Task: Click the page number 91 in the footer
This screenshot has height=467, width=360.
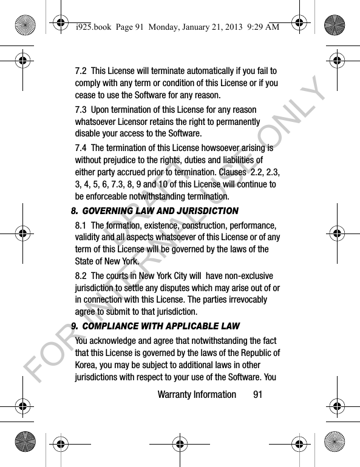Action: click(258, 395)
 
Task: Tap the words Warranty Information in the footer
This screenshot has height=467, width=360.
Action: click(196, 395)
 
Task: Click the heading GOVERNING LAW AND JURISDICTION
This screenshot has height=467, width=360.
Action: click(158, 211)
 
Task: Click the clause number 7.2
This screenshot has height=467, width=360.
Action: click(80, 71)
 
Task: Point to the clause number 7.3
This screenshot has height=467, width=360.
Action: click(80, 110)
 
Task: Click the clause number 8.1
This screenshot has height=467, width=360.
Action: click(80, 226)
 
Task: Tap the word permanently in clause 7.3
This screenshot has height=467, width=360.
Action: click(239, 122)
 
